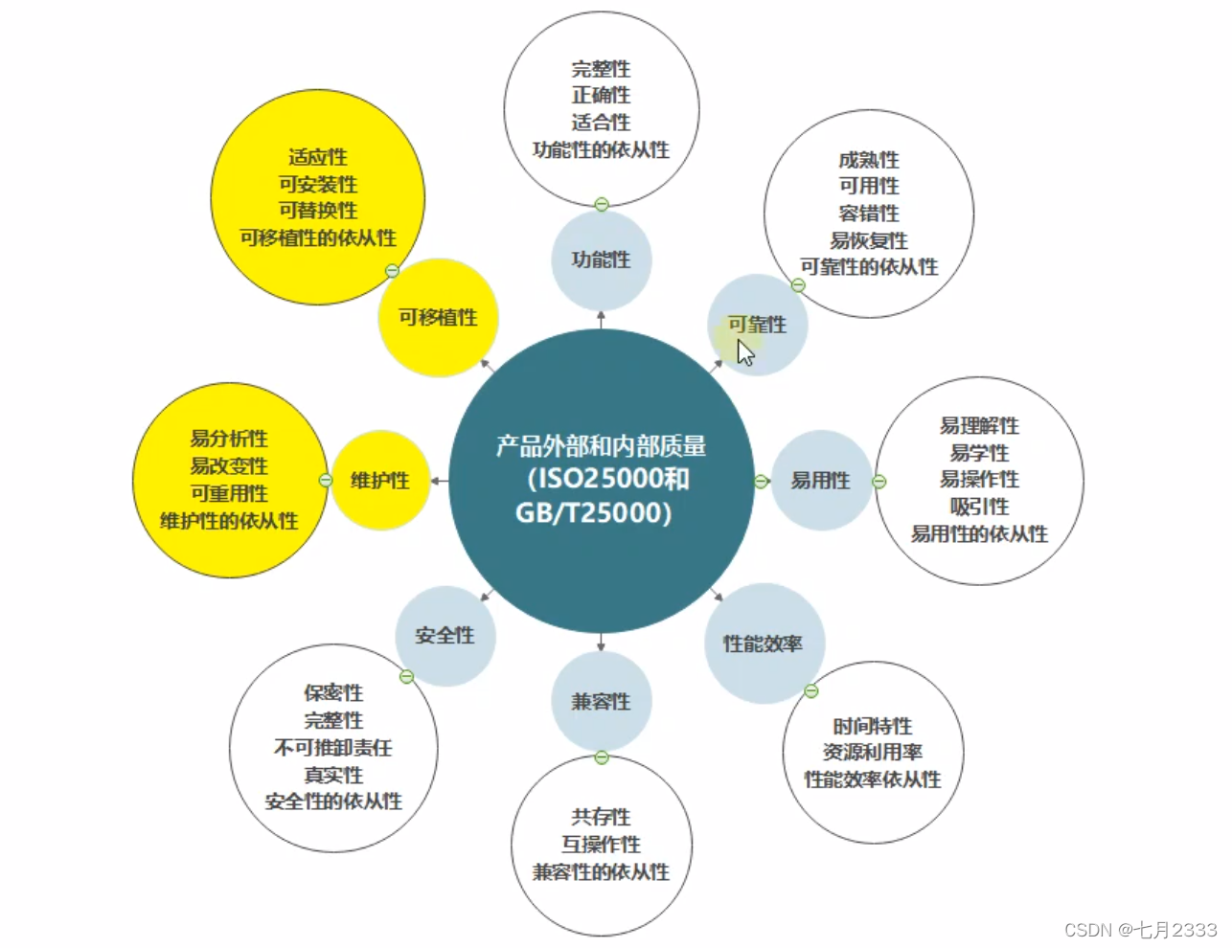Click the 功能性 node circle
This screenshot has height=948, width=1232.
pos(601,260)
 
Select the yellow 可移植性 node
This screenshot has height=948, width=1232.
pos(438,317)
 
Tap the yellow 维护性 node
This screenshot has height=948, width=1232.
pos(379,481)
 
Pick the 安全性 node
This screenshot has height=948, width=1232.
pos(445,636)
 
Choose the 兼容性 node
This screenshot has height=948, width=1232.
pos(601,702)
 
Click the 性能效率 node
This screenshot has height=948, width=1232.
pos(764,643)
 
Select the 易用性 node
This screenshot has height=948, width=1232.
pos(820,481)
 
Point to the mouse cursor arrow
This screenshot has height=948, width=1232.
pos(744,352)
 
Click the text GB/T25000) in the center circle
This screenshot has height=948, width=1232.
pos(593,513)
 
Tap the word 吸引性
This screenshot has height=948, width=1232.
pos(979,507)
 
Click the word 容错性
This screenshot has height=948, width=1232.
pos(869,214)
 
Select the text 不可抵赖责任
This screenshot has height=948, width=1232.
pos(333,747)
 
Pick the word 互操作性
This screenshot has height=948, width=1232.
pos(601,845)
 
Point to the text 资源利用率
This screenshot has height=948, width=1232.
pos(872,753)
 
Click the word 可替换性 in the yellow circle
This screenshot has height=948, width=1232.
pos(317,211)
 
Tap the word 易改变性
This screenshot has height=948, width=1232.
pos(229,466)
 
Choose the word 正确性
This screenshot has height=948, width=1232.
pos(601,96)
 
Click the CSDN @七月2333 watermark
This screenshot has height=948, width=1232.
pos(1140,930)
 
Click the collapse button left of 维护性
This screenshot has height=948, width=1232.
pos(326,481)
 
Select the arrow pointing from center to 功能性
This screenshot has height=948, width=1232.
pos(601,318)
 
